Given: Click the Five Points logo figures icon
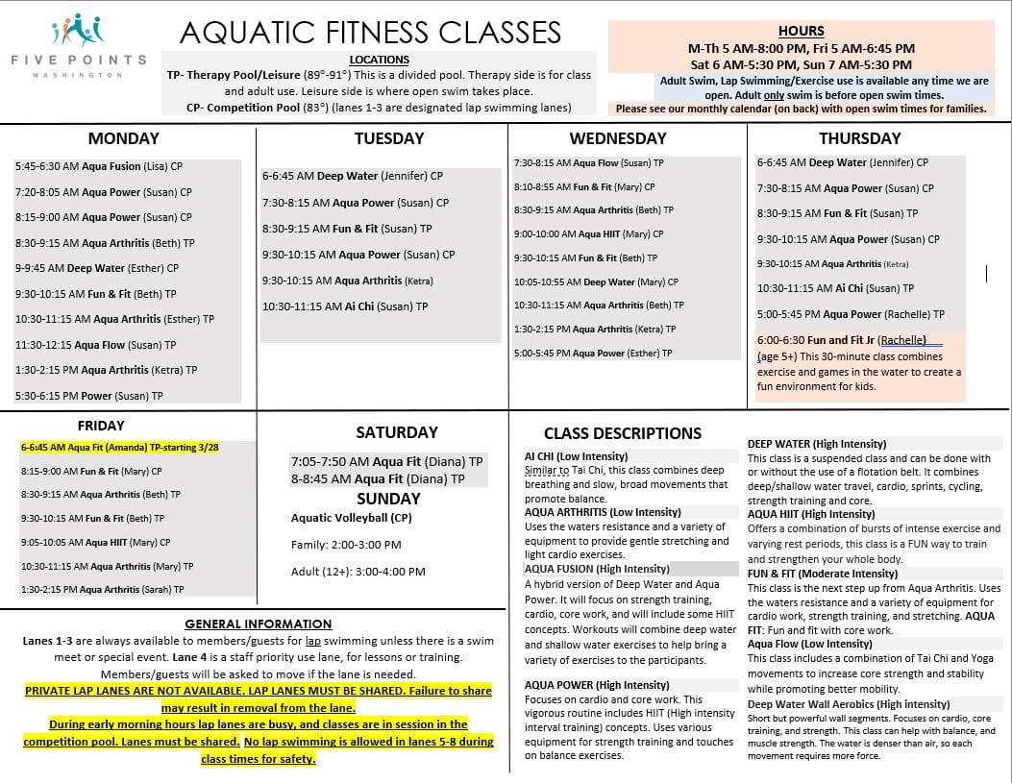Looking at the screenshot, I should coord(78,28).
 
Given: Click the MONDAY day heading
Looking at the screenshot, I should coord(124,138).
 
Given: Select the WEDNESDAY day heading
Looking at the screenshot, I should coord(617,138).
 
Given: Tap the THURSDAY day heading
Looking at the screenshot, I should coord(861,138).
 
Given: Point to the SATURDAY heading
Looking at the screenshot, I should coord(396,432).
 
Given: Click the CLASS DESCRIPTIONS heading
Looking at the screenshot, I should coord(623,433).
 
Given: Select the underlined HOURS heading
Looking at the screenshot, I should coord(801,31).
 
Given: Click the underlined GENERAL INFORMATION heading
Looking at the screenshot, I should coord(258,624).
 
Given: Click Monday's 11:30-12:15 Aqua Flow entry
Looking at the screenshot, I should coord(96,345).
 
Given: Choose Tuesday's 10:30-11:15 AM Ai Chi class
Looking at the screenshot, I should coord(345,306).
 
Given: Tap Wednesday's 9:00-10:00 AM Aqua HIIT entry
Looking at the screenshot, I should coord(588,233).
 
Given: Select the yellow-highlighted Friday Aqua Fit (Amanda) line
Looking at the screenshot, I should coord(120,448).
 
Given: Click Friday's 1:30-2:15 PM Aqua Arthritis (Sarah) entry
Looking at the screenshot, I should coord(102,589).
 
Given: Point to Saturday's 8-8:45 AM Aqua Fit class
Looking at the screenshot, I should coord(378,478).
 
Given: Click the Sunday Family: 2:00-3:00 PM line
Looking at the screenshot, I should coord(346,545).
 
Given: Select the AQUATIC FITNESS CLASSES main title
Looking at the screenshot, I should coord(370,33).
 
